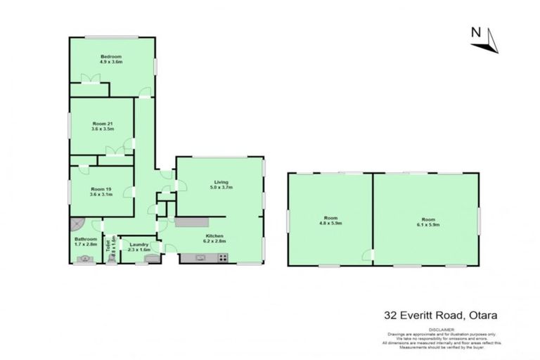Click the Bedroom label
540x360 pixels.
(x=111, y=56)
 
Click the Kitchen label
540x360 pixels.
(x=214, y=236)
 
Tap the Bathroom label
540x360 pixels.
(x=85, y=240)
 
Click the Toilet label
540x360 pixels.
(x=108, y=245)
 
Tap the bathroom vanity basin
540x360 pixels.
(x=85, y=259)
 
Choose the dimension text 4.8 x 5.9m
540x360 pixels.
(x=330, y=225)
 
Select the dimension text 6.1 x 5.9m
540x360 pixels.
(x=425, y=225)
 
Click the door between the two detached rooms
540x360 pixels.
(x=368, y=255)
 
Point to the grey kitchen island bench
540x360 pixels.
(x=188, y=222)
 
